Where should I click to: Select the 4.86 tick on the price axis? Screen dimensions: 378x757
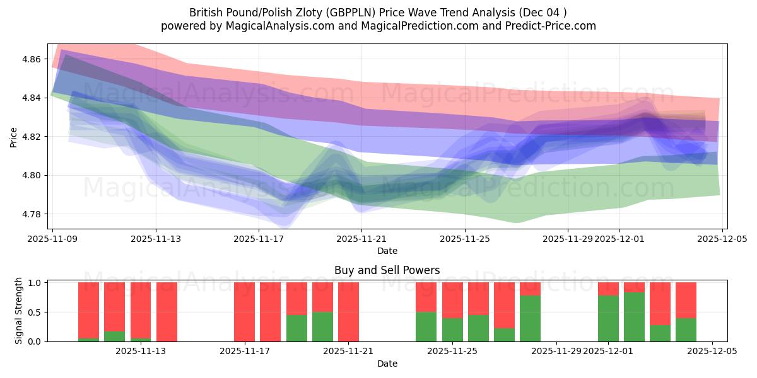pyautogui.click(x=32, y=59)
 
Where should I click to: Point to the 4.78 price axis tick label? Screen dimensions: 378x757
pyautogui.click(x=32, y=214)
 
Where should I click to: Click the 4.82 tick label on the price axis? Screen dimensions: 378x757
pyautogui.click(x=32, y=137)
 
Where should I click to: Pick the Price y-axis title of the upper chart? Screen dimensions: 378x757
pyautogui.click(x=14, y=137)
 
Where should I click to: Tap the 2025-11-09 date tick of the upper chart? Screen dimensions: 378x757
pyautogui.click(x=53, y=239)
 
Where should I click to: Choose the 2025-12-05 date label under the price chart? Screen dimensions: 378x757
pyautogui.click(x=722, y=239)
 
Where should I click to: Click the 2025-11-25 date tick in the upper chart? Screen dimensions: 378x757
pyautogui.click(x=465, y=239)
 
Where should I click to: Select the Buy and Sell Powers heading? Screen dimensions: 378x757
pyautogui.click(x=387, y=270)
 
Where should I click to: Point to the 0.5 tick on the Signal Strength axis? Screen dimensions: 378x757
pyautogui.click(x=35, y=312)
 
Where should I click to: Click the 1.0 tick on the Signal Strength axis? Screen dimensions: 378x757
pyautogui.click(x=35, y=283)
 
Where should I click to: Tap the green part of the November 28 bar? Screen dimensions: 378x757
pyautogui.click(x=531, y=318)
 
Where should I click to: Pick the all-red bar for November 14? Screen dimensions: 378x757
pyautogui.click(x=167, y=312)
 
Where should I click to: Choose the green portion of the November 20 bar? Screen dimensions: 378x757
pyautogui.click(x=322, y=326)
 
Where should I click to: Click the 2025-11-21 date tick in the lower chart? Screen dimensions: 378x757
pyautogui.click(x=348, y=351)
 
